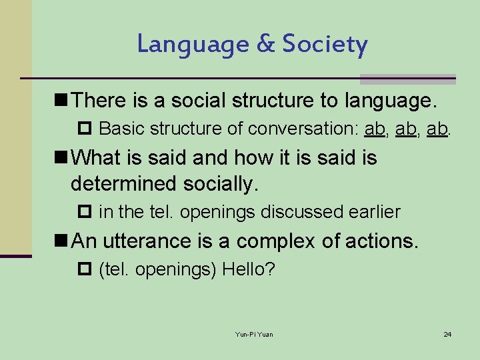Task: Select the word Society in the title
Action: click(x=325, y=45)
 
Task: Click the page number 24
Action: click(x=447, y=334)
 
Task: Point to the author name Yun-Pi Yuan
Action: click(x=254, y=334)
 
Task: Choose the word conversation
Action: click(x=304, y=128)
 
